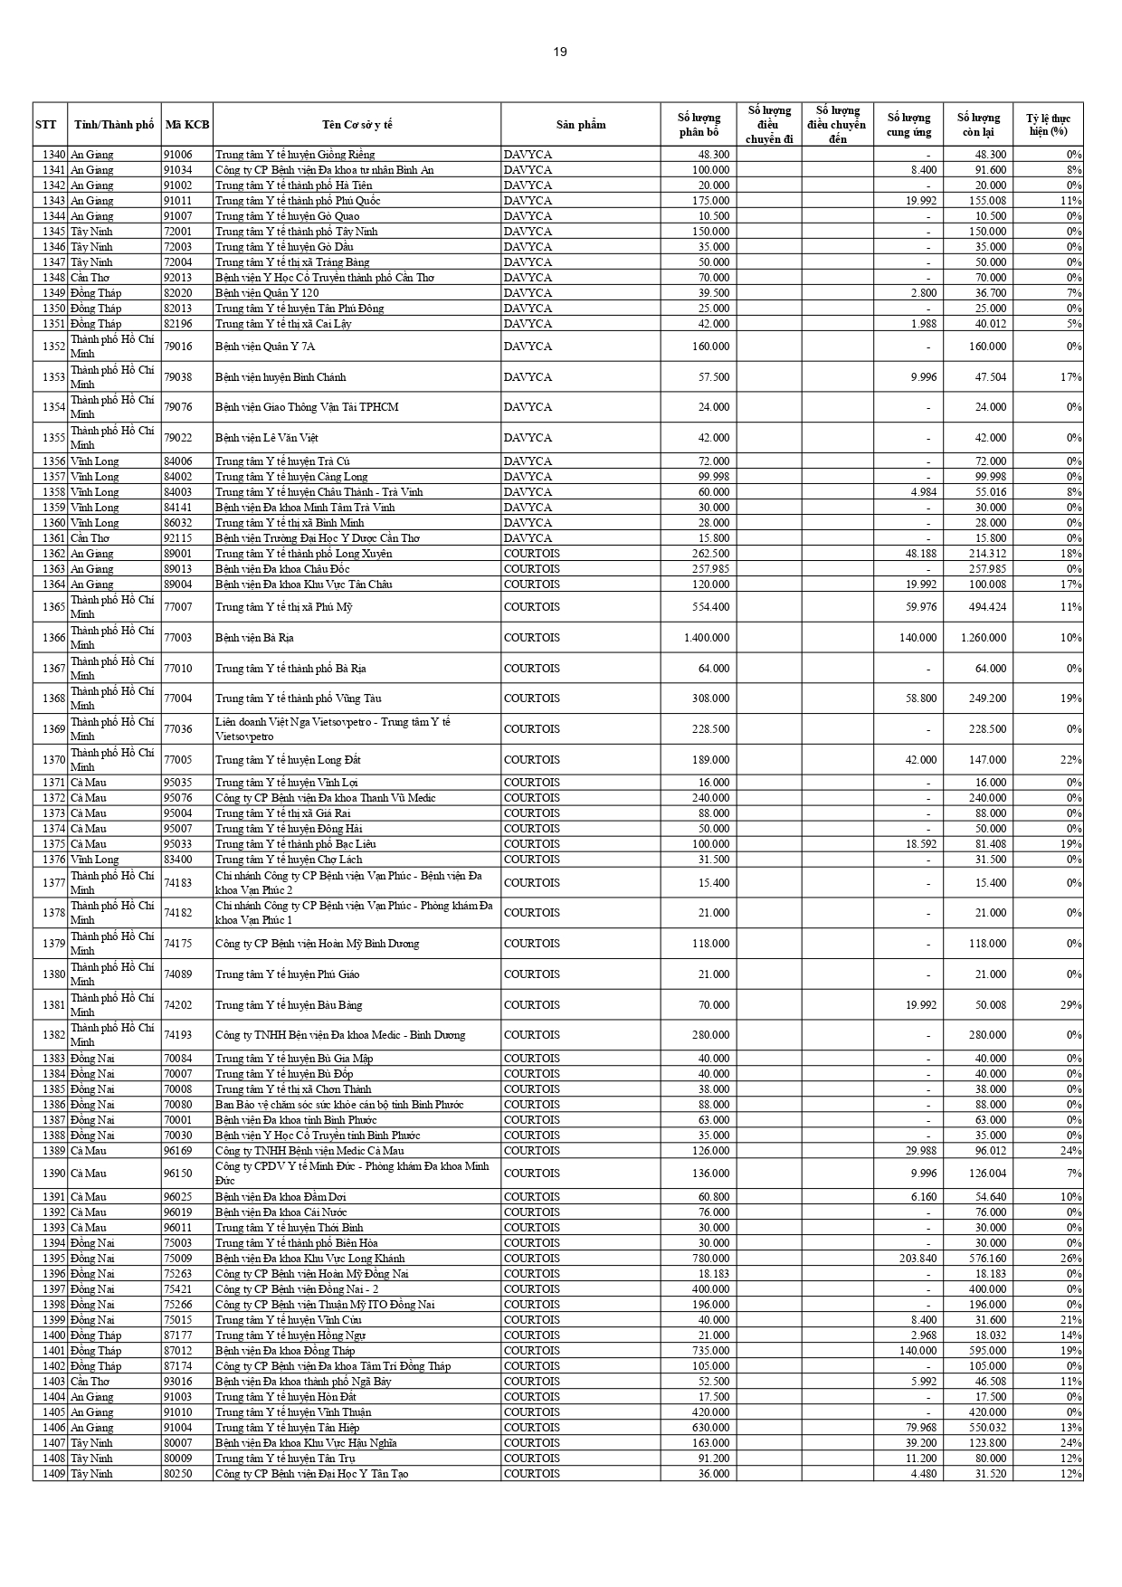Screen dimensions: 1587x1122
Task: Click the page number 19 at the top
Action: [x=560, y=52]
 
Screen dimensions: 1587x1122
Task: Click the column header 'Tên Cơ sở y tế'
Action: [x=357, y=125]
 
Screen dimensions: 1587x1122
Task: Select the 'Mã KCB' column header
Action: [x=187, y=125]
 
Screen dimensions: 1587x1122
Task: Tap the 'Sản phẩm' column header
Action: [x=581, y=125]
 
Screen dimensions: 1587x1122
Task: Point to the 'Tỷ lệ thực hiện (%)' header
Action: [x=1048, y=125]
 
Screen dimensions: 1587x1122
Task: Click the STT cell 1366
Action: [x=53, y=638]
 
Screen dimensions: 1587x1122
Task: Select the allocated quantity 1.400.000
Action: [x=707, y=638]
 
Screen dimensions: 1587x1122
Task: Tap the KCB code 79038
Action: [x=178, y=377]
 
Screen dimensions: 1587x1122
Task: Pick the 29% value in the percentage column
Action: [x=1072, y=1005]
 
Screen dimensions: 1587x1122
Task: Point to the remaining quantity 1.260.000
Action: [x=983, y=638]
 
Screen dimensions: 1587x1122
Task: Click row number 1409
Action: [x=53, y=1474]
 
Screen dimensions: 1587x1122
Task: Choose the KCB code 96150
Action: [x=178, y=1174]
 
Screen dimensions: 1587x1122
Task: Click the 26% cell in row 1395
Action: [x=1071, y=1259]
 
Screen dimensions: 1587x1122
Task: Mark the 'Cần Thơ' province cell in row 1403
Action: [x=90, y=1382]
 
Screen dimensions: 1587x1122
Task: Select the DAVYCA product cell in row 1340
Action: [x=528, y=155]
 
